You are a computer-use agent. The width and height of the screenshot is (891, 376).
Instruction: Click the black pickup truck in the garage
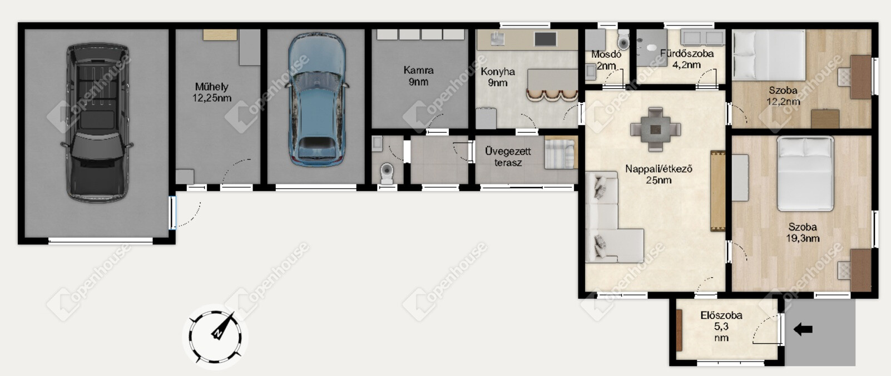tap(97, 123)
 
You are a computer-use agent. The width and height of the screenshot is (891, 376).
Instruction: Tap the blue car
tap(316, 99)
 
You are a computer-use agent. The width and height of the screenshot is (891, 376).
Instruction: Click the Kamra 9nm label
tap(418, 76)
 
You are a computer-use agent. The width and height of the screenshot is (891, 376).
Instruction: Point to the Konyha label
tap(498, 72)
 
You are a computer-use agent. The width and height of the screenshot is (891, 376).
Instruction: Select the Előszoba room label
tap(721, 315)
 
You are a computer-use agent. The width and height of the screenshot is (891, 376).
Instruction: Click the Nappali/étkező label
tap(659, 169)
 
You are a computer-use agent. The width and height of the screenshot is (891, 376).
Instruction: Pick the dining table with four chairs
tap(656, 129)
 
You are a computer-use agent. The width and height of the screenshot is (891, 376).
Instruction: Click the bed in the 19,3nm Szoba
tap(805, 173)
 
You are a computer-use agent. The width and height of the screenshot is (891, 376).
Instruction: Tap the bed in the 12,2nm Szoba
tap(769, 55)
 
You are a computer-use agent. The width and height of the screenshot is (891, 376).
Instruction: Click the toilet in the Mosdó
tap(623, 39)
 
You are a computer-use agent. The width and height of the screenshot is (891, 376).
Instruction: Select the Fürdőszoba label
tap(687, 54)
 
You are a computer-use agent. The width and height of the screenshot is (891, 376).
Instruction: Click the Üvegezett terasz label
tap(508, 157)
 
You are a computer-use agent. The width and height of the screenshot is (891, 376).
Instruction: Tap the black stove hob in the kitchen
tap(546, 39)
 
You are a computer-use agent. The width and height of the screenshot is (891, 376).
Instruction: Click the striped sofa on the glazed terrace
tap(561, 153)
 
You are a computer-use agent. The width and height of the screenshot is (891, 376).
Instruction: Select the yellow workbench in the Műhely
tap(220, 34)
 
